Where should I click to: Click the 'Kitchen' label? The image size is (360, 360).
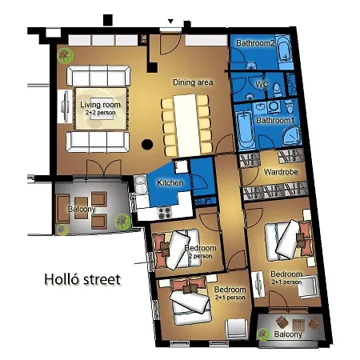170,183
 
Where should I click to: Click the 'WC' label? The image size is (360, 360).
261,84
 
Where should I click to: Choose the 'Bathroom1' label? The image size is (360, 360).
274,120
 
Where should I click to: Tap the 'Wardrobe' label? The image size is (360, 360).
280,170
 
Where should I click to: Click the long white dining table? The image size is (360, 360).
185,124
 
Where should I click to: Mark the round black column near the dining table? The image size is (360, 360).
147,146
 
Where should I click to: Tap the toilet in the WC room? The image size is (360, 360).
274,87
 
